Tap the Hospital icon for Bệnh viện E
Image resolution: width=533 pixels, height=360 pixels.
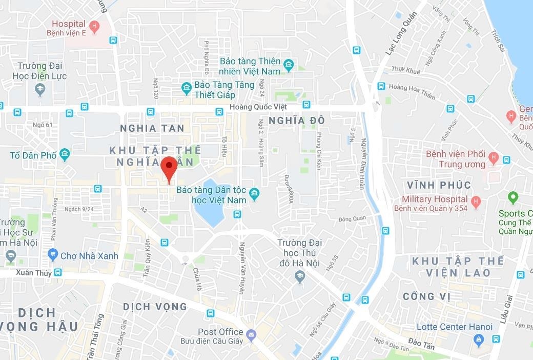click(x=94, y=25)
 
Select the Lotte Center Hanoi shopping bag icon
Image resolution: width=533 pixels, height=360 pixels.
click(x=479, y=338)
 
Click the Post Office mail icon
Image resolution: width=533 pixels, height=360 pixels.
click(x=251, y=335)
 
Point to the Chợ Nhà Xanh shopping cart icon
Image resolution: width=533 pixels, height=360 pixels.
click(x=52, y=254)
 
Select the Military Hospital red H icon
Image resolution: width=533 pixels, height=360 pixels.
click(x=476, y=200)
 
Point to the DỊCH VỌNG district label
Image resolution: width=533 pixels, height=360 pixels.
click(x=155, y=307)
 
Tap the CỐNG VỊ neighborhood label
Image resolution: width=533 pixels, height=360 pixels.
click(x=426, y=296)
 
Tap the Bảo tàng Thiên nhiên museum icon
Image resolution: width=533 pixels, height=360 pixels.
click(x=289, y=65)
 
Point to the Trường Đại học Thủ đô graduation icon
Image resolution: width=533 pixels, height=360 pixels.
click(x=299, y=277)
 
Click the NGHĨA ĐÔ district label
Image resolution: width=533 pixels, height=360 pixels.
click(x=290, y=120)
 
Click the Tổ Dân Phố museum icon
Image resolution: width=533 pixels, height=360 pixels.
click(x=65, y=154)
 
